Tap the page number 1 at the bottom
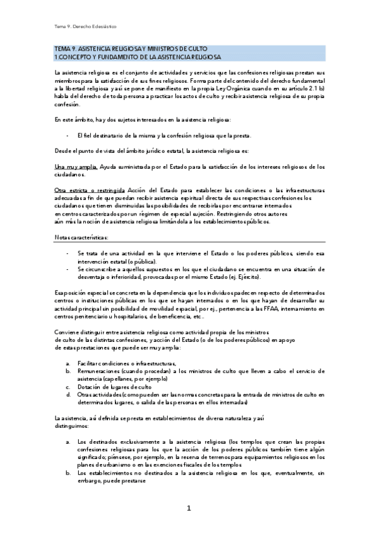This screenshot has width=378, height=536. click(x=188, y=508)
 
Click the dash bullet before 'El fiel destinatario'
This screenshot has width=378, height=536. click(x=67, y=135)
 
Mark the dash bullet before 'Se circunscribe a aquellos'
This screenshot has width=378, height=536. click(x=67, y=269)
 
